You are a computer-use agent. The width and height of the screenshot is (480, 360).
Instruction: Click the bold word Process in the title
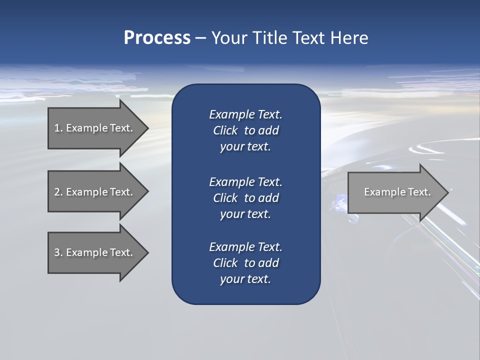click(x=157, y=37)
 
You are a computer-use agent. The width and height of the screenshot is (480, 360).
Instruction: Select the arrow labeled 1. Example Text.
click(x=95, y=128)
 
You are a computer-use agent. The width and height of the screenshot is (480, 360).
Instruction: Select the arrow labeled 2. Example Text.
click(x=95, y=192)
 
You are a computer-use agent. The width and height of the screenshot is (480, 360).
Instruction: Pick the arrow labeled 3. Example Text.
click(x=95, y=252)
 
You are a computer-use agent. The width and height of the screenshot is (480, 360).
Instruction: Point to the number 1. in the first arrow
click(x=58, y=128)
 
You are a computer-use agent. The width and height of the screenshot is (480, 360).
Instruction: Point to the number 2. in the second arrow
click(x=58, y=192)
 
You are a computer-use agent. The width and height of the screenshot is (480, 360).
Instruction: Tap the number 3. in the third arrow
click(x=58, y=252)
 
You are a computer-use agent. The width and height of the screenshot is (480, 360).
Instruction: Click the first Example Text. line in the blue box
click(x=245, y=114)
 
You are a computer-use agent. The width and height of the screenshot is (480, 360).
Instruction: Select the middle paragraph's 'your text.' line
click(x=245, y=214)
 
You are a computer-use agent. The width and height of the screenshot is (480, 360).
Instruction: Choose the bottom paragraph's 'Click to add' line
click(x=245, y=263)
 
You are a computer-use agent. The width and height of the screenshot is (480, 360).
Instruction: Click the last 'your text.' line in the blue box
click(x=245, y=279)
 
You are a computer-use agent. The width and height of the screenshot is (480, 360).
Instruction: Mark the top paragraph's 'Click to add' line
click(x=245, y=130)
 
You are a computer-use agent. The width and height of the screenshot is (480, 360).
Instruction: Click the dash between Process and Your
click(x=200, y=38)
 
